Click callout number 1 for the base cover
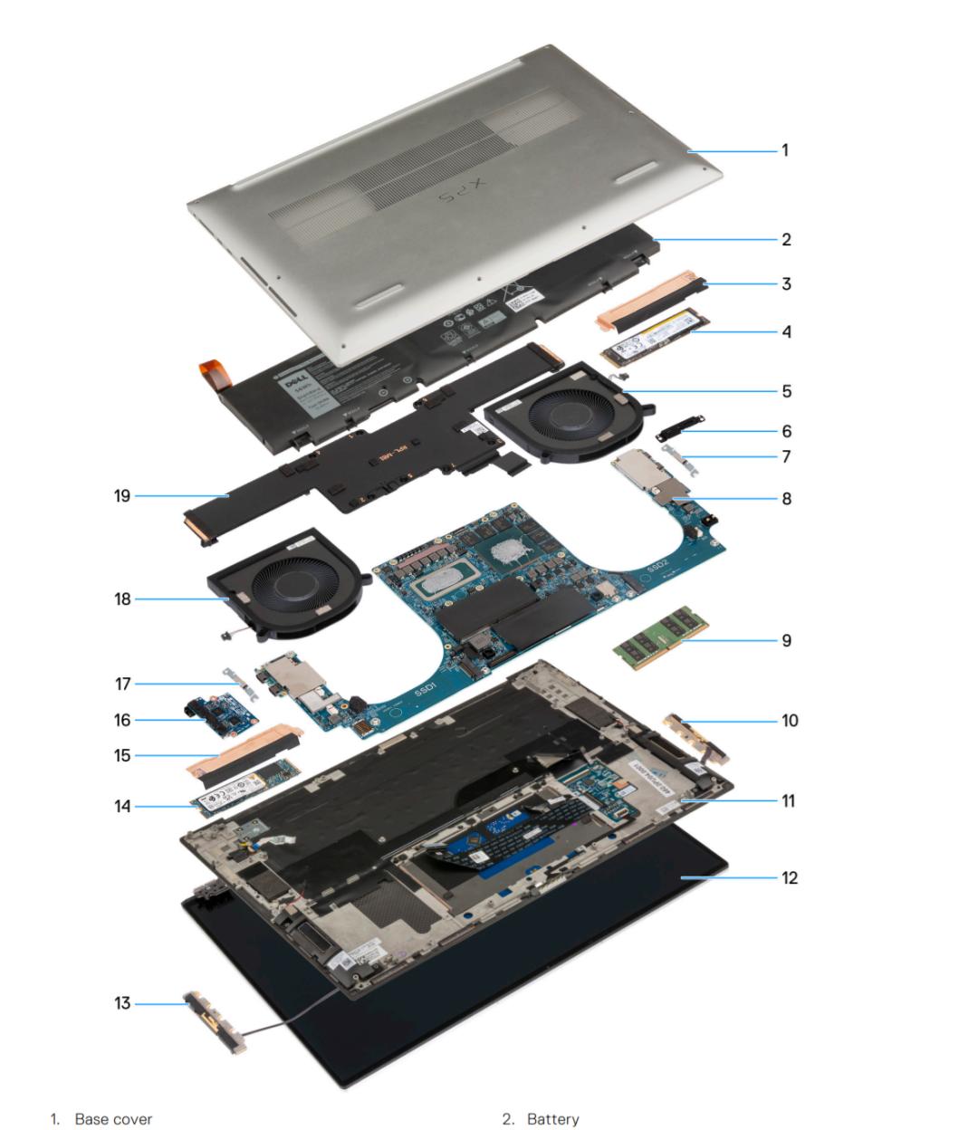[785, 150]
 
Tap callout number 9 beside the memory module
[786, 640]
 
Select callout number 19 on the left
[122, 495]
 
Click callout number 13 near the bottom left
[122, 1003]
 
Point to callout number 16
[122, 720]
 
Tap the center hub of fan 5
[566, 410]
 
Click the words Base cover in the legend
[113, 1119]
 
